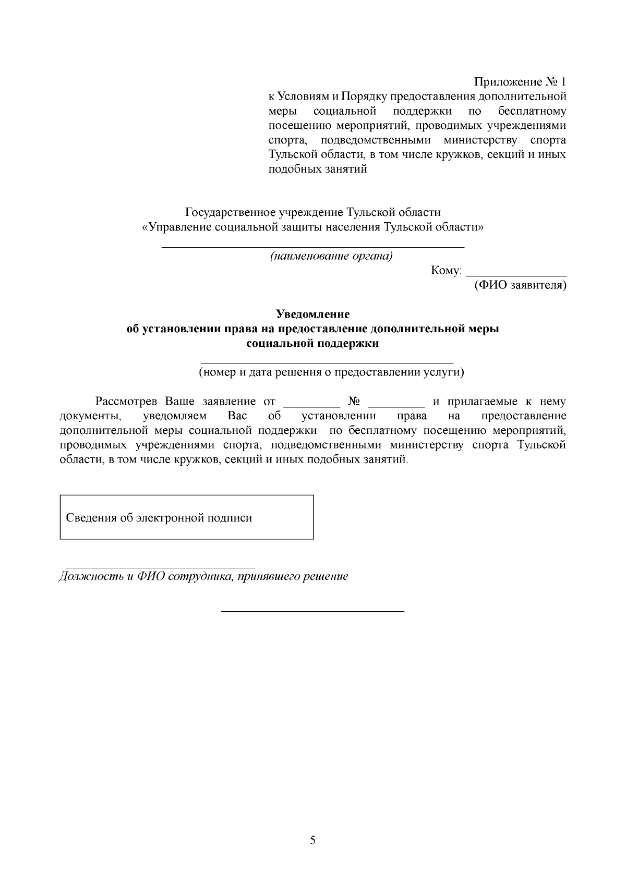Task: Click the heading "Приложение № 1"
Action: coord(520,82)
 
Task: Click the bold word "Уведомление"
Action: coord(312,314)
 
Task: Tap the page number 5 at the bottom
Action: coord(312,840)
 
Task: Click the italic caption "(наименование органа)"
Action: coord(331,256)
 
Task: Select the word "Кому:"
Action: coord(447,271)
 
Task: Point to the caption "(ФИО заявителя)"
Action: coord(520,285)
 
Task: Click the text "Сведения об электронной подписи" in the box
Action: coord(159,518)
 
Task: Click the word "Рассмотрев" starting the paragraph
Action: coord(126,402)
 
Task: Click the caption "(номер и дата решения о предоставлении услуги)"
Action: coord(331,372)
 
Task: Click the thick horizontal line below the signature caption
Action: coord(312,611)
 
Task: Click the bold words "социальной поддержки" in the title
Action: coord(312,344)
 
